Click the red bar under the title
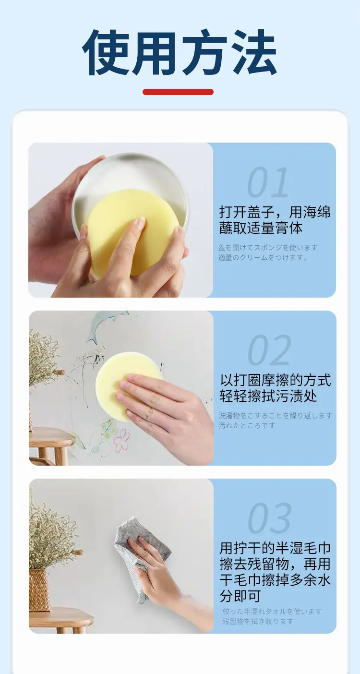[x=178, y=92]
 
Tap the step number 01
[x=268, y=182]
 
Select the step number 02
[x=269, y=350]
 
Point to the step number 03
[x=269, y=518]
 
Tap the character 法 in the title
[x=253, y=52]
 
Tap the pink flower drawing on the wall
[x=122, y=441]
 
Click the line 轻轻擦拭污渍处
[x=268, y=396]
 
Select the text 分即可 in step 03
[x=240, y=596]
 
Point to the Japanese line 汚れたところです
[x=247, y=425]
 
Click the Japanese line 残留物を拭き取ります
[x=258, y=621]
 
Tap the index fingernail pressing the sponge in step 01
[x=140, y=222]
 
